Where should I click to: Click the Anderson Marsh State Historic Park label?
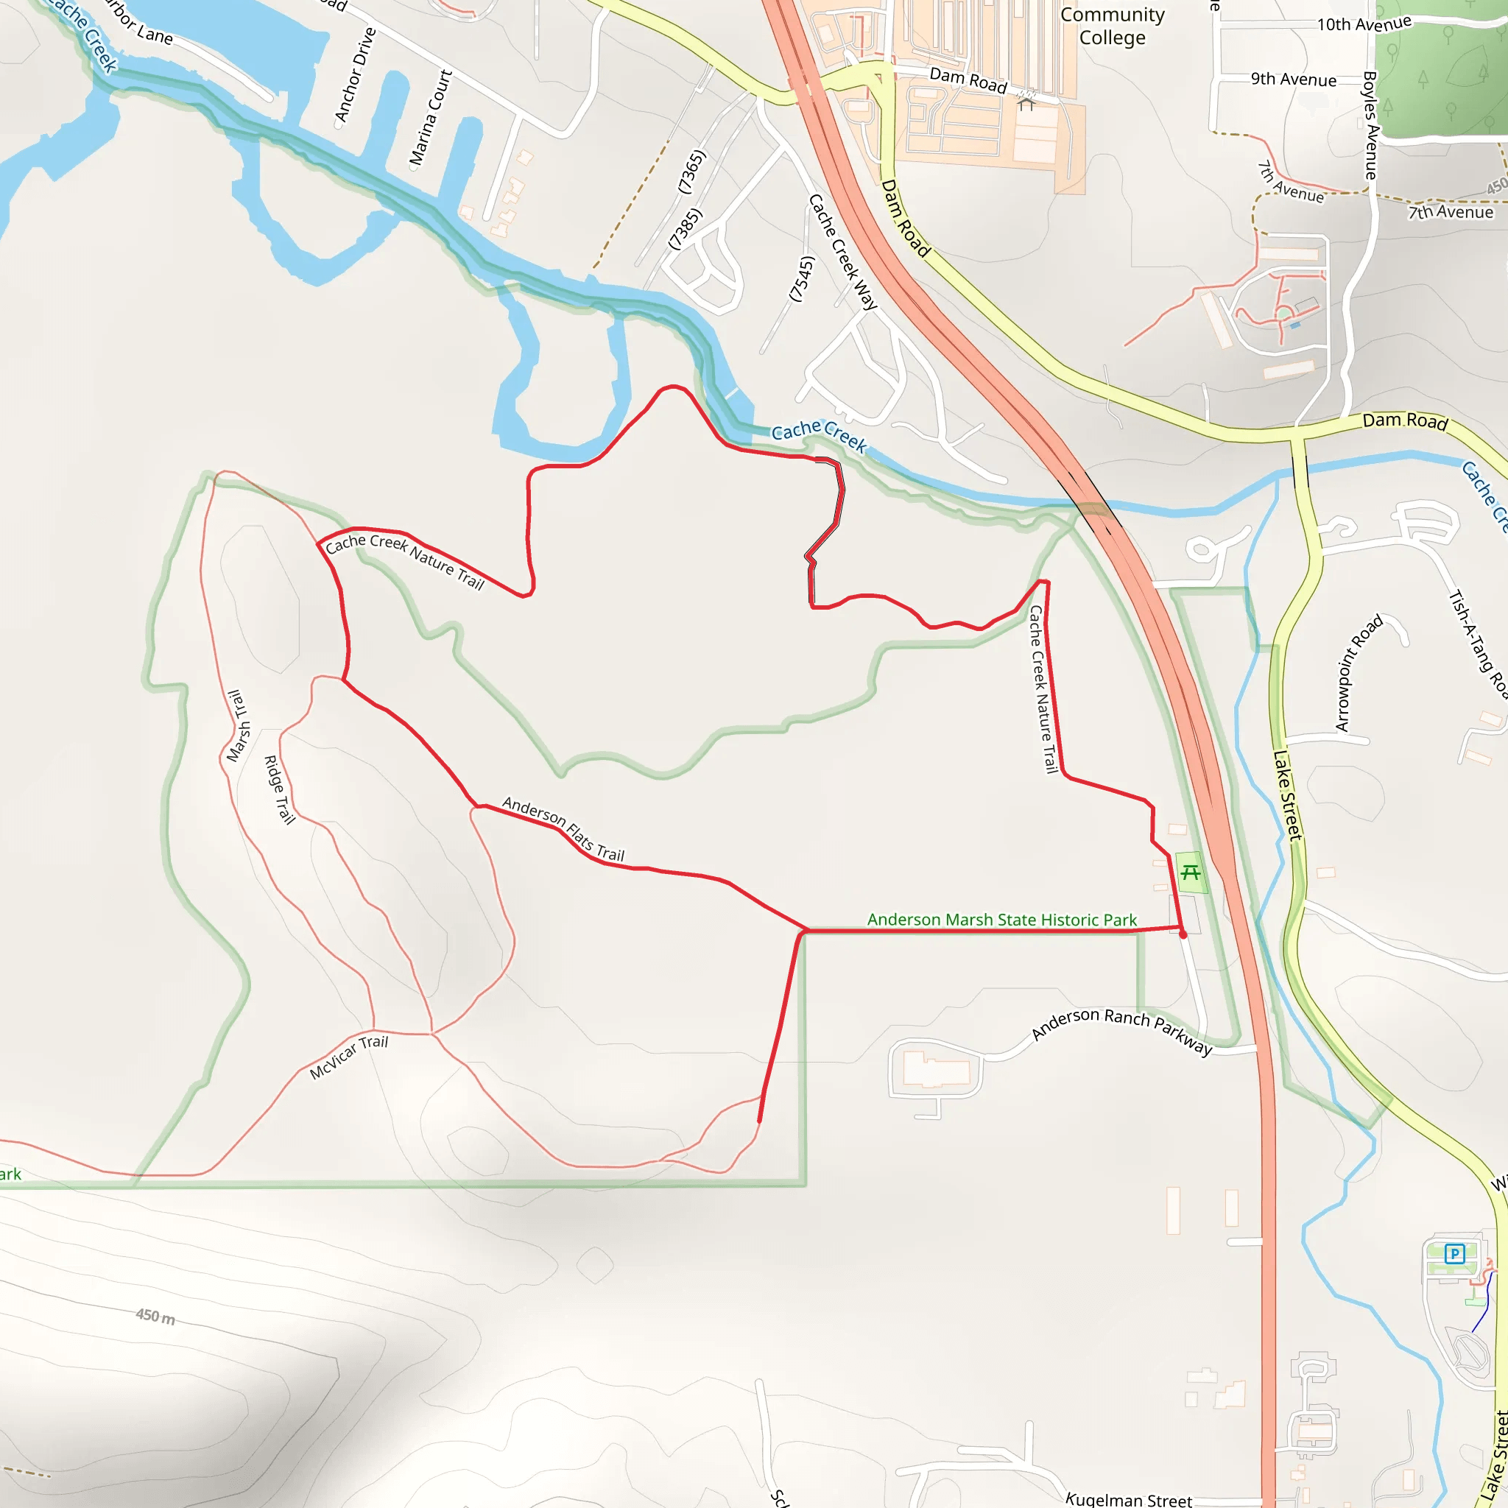point(1001,920)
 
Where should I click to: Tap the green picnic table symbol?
point(1191,873)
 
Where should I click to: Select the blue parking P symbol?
point(1454,1254)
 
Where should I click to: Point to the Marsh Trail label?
point(238,725)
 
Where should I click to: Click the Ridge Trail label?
point(279,790)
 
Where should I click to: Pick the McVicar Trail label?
point(348,1057)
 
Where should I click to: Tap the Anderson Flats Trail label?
point(563,829)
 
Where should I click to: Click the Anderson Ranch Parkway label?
point(1121,1029)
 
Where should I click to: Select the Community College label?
point(1113,26)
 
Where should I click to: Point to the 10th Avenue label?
point(1364,24)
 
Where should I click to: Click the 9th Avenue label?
point(1293,80)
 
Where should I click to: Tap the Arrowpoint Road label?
point(1359,672)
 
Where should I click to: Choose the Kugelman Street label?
point(1129,1499)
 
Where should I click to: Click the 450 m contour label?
point(155,1316)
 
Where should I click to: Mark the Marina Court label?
point(431,117)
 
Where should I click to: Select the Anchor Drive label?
point(355,75)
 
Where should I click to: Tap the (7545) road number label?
point(802,278)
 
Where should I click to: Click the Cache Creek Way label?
point(843,251)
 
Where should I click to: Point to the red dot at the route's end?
point(1183,934)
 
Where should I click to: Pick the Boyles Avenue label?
point(1370,125)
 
